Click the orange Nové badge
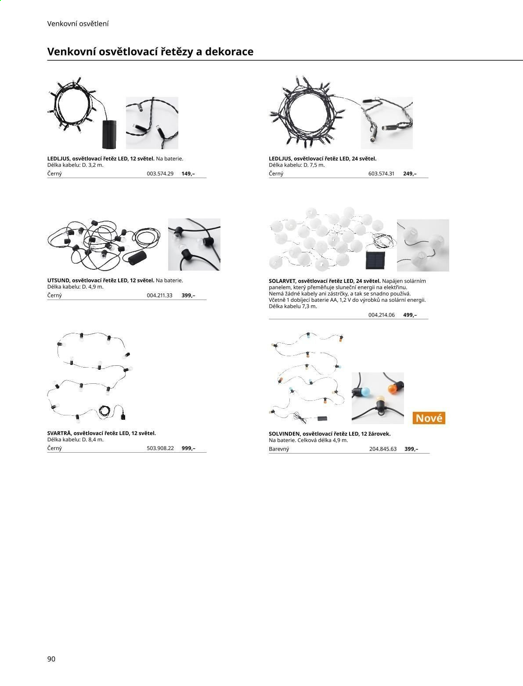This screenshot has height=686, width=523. click(429, 418)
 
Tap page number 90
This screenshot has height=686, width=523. click(51, 659)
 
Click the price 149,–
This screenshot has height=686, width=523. click(188, 173)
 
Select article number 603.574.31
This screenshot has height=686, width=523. click(381, 173)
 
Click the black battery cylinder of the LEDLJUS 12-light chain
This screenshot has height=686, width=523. click(109, 134)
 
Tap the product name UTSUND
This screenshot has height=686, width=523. click(58, 280)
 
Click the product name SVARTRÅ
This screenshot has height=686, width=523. click(59, 433)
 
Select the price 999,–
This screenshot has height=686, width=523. click(188, 448)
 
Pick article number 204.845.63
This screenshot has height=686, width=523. click(383, 449)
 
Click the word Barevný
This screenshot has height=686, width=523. click(279, 449)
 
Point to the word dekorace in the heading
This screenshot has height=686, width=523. click(229, 52)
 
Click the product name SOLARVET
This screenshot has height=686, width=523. click(282, 281)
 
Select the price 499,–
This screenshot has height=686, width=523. click(410, 315)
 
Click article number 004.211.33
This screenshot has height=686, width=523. click(159, 295)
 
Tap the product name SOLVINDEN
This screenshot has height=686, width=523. click(284, 434)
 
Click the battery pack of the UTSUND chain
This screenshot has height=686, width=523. click(137, 258)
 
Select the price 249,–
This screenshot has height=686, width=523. click(410, 173)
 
